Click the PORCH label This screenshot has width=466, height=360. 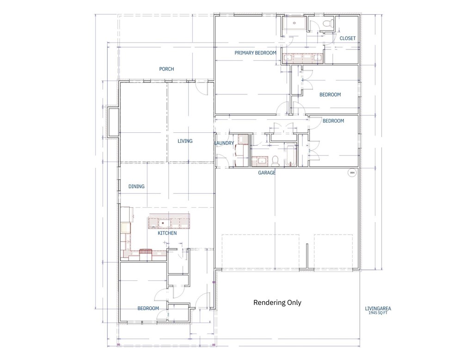click(x=166, y=69)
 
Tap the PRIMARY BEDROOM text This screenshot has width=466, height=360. click(x=255, y=53)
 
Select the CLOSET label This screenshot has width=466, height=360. click(x=348, y=38)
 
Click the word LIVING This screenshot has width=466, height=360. click(x=185, y=141)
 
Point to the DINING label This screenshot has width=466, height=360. click(x=136, y=186)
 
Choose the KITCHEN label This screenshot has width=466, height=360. click(x=167, y=233)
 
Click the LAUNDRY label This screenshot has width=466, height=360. click(x=224, y=143)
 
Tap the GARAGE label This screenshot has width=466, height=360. click(x=267, y=173)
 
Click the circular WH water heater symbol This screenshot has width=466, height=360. click(x=352, y=173)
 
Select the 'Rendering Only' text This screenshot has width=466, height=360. click(x=277, y=303)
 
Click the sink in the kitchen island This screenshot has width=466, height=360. click(x=163, y=223)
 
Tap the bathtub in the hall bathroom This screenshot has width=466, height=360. click(x=290, y=155)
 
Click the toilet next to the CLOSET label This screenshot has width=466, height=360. click(x=329, y=24)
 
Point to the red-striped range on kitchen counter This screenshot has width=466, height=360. click(x=146, y=252)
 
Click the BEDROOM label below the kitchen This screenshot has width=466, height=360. click(x=148, y=308)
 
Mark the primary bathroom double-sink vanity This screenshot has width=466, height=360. click(x=302, y=57)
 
